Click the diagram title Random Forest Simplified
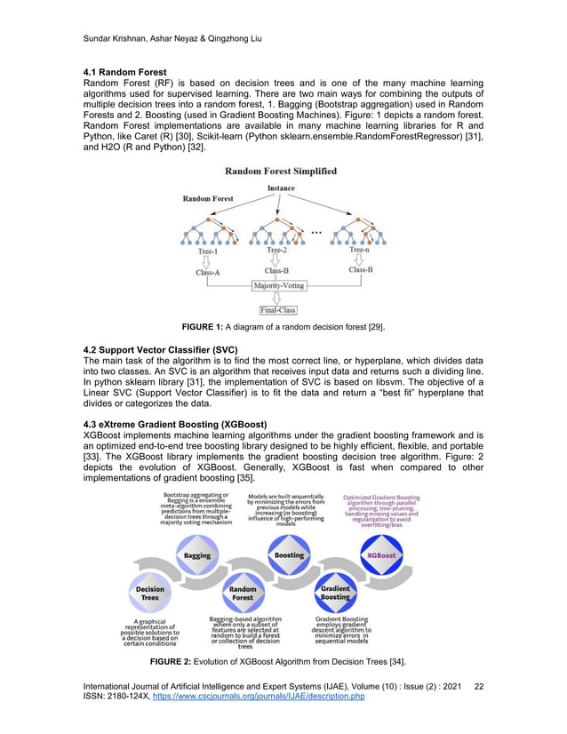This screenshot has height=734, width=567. tap(280, 171)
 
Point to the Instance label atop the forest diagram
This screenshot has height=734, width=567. tap(281, 188)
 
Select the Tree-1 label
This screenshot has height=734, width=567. tap(207, 251)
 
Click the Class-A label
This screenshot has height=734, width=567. tap(208, 272)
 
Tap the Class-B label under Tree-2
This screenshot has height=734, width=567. tap(276, 270)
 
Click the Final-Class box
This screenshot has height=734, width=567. tap(278, 310)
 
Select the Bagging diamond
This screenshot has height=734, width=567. tap(197, 555)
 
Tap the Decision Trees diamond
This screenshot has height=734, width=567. tap(149, 592)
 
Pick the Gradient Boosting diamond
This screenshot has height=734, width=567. tap(335, 592)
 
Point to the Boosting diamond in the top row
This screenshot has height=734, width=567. tap(289, 555)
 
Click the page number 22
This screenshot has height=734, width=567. tap(480, 686)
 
